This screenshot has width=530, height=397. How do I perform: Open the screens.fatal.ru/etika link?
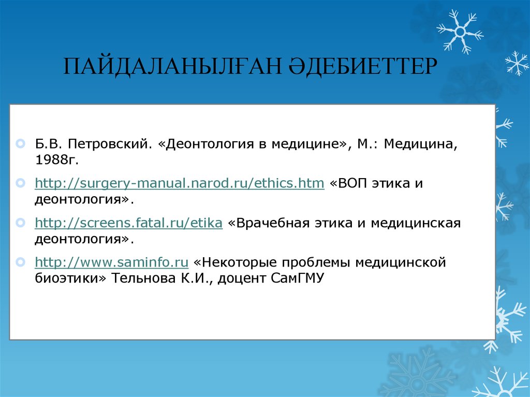pos(128,223)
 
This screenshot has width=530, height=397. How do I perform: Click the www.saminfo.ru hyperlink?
pos(111,262)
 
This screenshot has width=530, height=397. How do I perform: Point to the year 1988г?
pos(56,160)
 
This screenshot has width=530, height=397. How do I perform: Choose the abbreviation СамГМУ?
pos(297,278)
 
